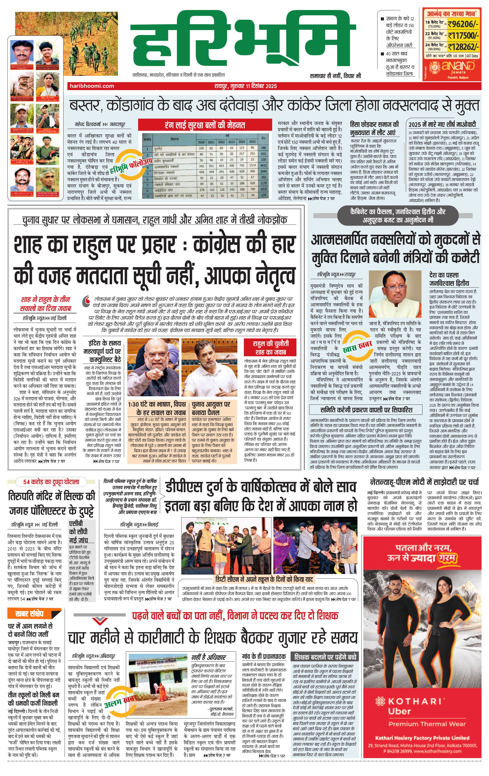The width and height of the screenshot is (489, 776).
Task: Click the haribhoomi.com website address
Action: click(92, 86)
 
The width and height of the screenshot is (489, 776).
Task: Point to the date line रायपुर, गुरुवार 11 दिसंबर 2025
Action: click(245, 86)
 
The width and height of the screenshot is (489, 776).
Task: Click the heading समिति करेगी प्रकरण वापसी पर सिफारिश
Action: click(366, 410)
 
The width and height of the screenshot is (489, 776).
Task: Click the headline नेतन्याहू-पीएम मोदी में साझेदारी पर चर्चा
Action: click(424, 482)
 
